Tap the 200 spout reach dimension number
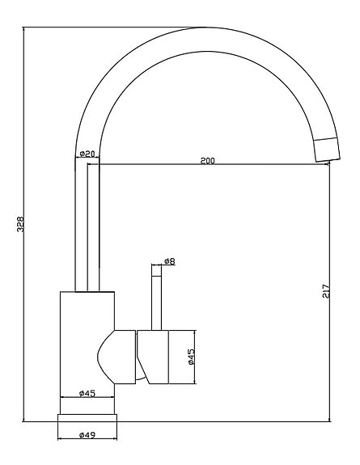tap(207, 161)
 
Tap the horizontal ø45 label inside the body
tap(88, 393)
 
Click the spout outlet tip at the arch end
tap(326, 150)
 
